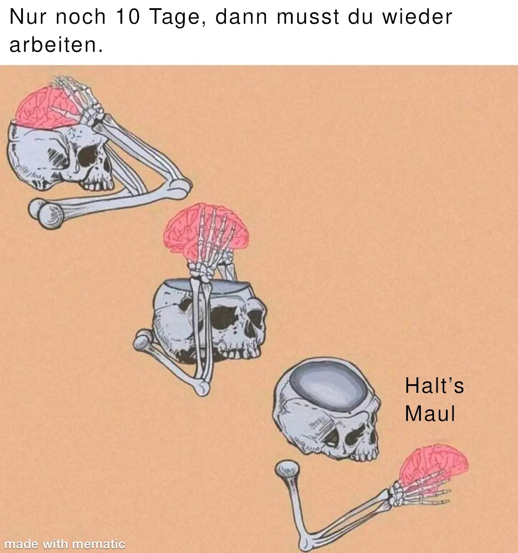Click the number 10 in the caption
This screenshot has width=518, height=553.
click(128, 17)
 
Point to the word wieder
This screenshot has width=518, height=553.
click(417, 17)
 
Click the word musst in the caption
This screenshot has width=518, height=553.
click(308, 17)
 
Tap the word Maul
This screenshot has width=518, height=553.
click(430, 414)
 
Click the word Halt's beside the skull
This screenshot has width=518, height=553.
click(434, 386)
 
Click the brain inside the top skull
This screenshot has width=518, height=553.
click(47, 109)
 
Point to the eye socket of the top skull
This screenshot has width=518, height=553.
click(87, 156)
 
